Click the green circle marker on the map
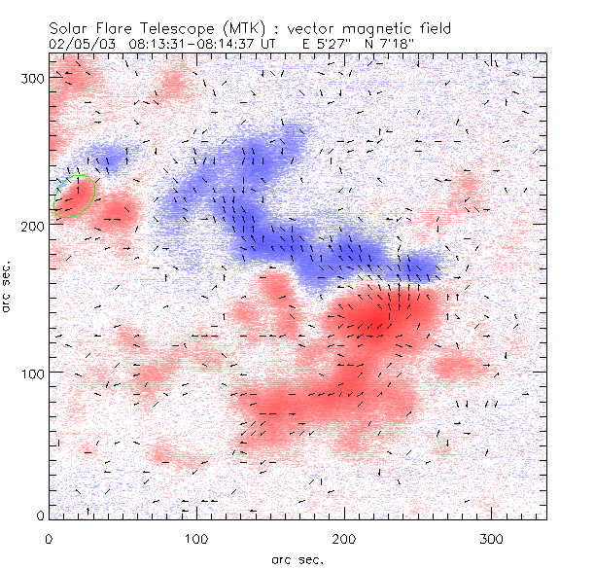pos(72,196)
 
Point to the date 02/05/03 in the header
pos(78,44)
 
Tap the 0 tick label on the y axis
pos(41,516)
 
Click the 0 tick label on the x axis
pos(50,538)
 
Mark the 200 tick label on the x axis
pos(344,538)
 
